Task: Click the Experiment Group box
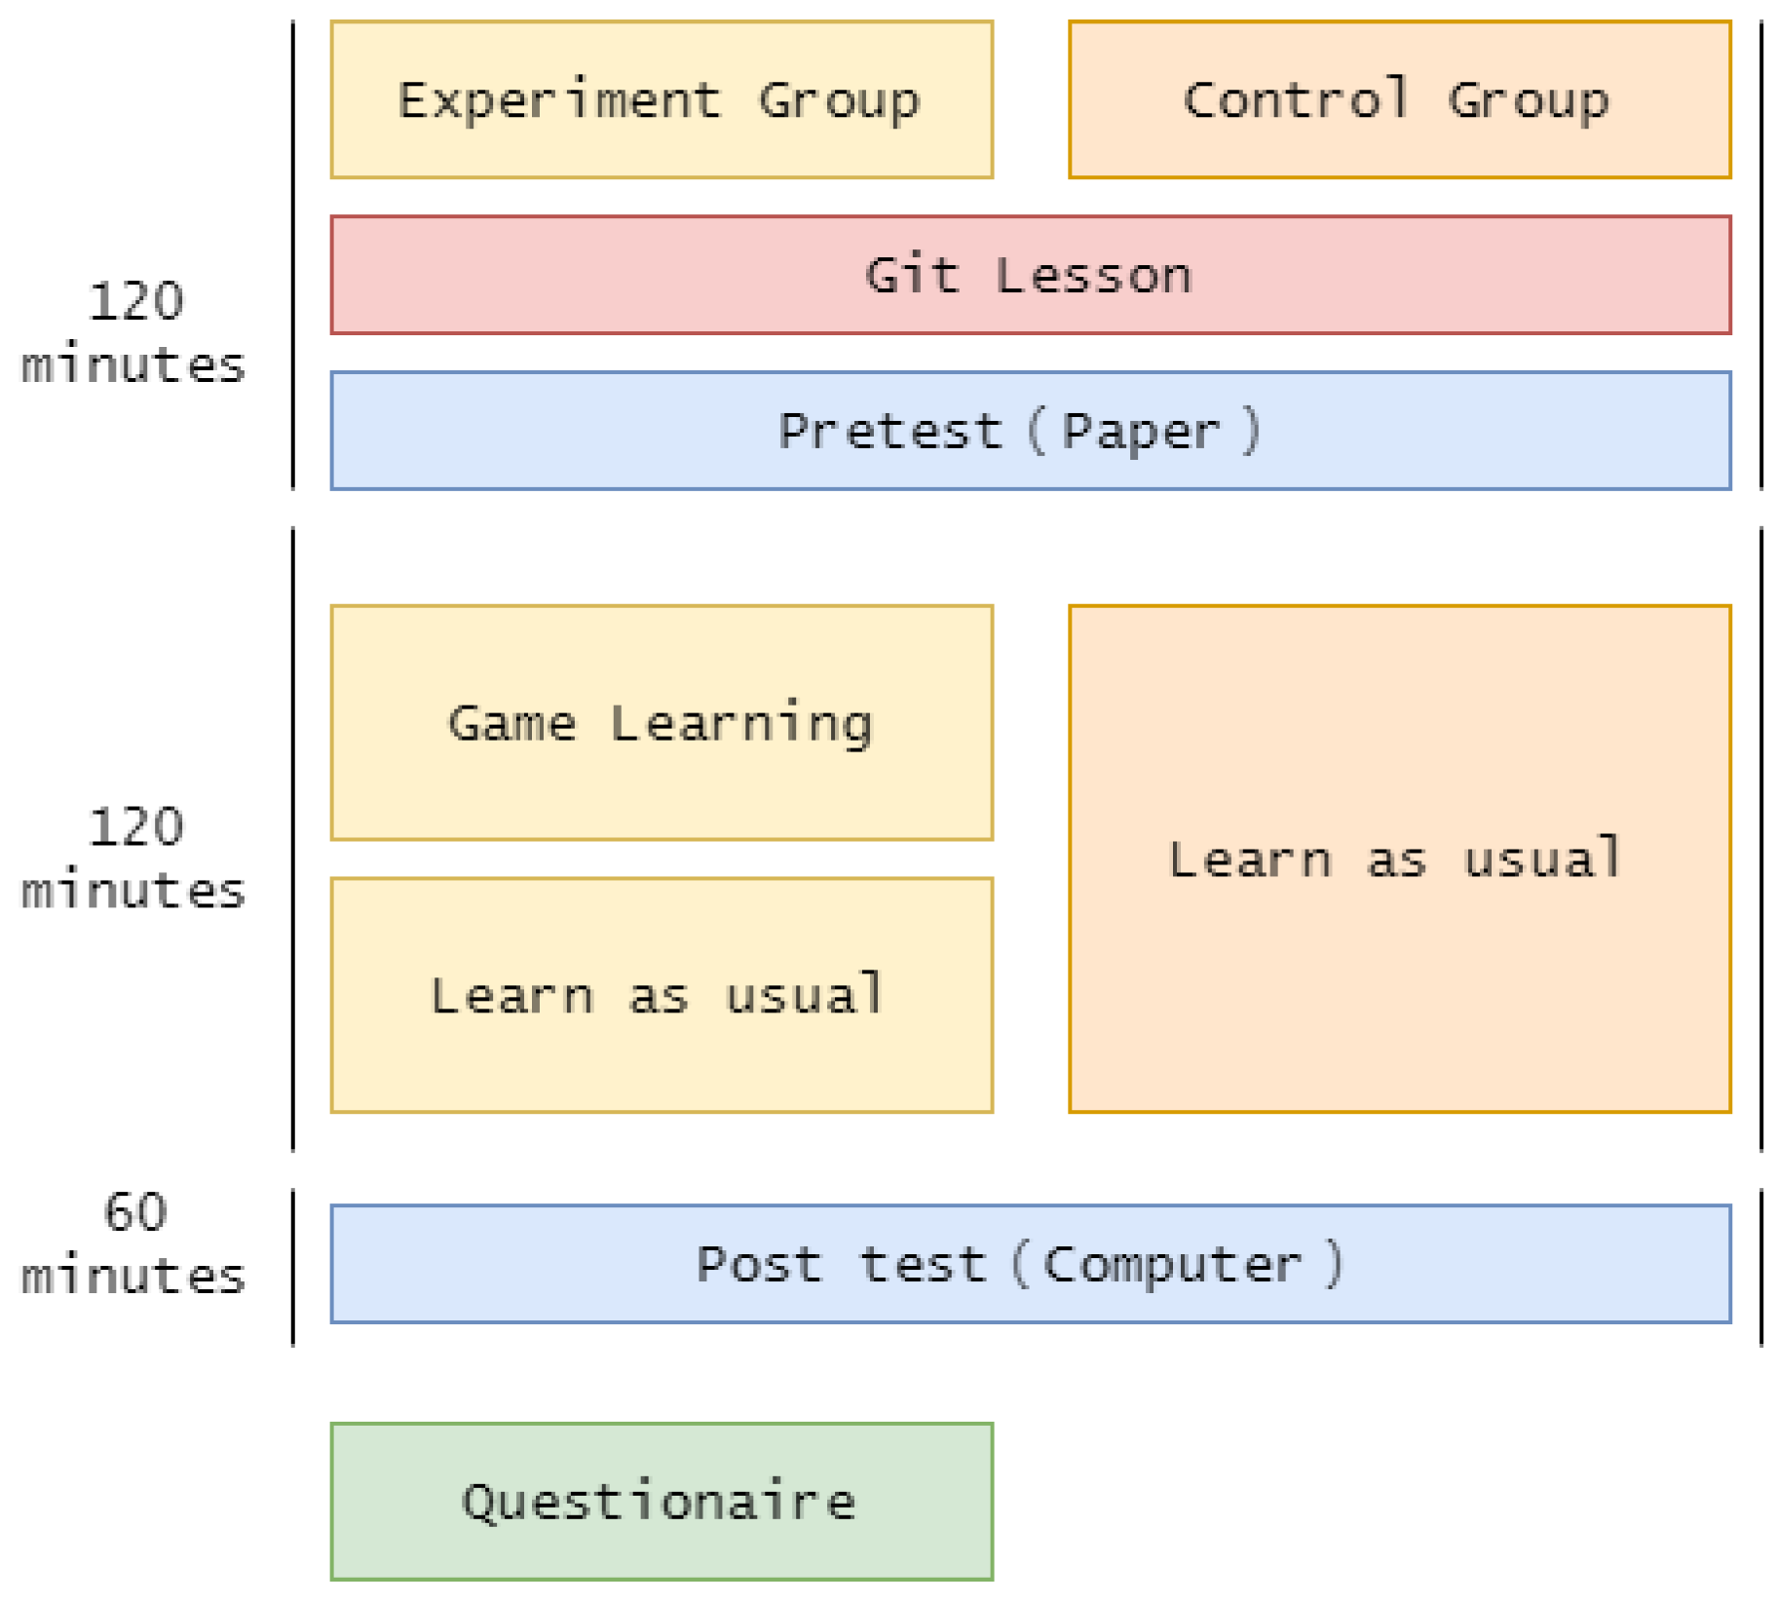click(661, 99)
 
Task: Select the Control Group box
click(1398, 99)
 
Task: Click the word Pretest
click(889, 431)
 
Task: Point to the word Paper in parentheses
click(1140, 431)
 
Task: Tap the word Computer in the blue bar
click(1171, 1265)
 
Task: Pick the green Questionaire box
click(661, 1501)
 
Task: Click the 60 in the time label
click(135, 1213)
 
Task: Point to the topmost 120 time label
click(135, 301)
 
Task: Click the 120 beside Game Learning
click(135, 827)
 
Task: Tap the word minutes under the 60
click(133, 1277)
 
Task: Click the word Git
click(912, 275)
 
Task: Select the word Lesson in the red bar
click(1093, 276)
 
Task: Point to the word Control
click(1296, 99)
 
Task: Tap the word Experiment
click(559, 100)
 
